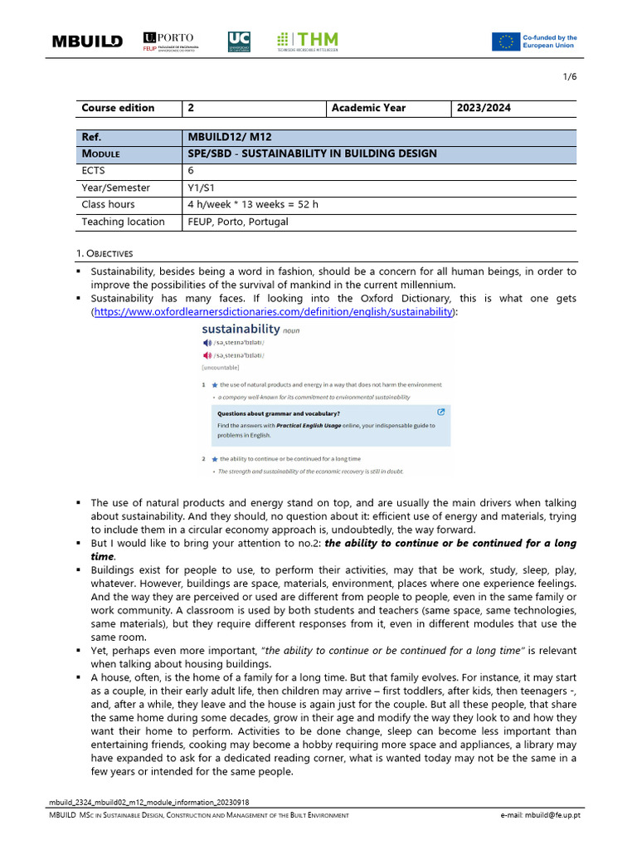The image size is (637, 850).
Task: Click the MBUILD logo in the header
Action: coord(87,42)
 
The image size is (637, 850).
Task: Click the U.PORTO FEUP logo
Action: coord(169,42)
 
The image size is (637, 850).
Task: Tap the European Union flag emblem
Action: coord(504,42)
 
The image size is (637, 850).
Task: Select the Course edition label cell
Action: coord(118,108)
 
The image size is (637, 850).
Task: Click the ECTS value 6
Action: coord(192,171)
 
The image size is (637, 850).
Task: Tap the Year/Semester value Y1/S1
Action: coord(202,188)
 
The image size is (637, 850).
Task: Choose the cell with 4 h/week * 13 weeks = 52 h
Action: coord(253,205)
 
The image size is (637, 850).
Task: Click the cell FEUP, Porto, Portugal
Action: coord(238,222)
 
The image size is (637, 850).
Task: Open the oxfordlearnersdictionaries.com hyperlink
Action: coord(274,311)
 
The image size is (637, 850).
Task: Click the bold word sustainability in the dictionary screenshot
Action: coord(241,330)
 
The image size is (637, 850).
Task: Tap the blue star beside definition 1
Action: coord(215,385)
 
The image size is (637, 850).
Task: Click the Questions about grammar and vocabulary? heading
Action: coord(279,413)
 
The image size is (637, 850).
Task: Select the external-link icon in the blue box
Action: coord(440,412)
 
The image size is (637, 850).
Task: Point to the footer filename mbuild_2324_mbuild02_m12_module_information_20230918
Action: coord(150,803)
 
